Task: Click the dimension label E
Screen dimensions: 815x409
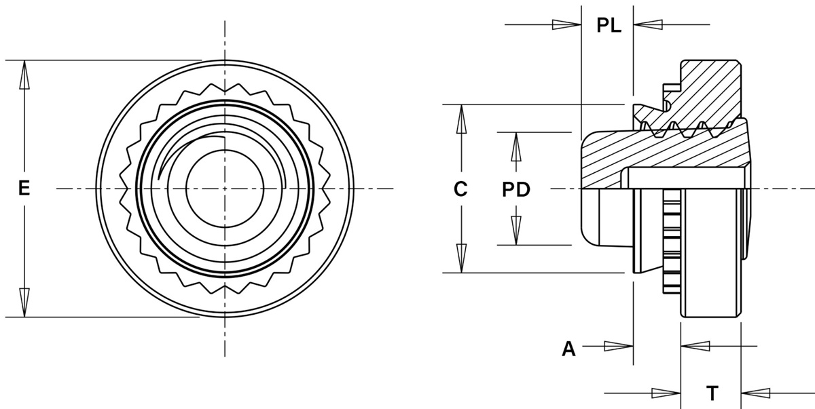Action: click(24, 189)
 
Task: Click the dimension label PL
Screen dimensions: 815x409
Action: click(609, 25)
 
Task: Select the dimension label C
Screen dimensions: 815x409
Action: click(460, 189)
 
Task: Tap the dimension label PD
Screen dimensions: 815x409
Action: click(516, 189)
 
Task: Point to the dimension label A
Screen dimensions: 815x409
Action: click(568, 349)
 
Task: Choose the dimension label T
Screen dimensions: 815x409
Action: click(712, 393)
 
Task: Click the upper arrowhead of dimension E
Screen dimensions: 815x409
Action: click(24, 75)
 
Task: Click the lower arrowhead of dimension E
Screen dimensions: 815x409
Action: click(24, 303)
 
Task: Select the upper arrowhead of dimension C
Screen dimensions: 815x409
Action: click(461, 119)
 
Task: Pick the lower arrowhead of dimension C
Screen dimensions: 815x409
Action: click(461, 258)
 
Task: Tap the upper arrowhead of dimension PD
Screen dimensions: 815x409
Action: click(516, 147)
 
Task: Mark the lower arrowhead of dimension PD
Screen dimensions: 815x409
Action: click(516, 231)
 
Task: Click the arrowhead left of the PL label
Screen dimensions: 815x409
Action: click(566, 24)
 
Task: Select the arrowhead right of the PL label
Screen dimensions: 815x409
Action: click(648, 24)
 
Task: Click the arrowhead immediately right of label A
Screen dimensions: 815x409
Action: click(619, 346)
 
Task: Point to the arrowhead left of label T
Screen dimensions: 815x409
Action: click(666, 393)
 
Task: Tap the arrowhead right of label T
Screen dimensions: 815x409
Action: click(755, 393)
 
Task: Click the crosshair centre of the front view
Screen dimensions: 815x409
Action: click(225, 189)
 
